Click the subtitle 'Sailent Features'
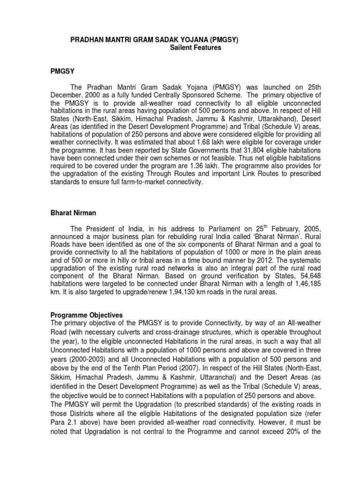click(x=195, y=48)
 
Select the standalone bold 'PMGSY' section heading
click(x=63, y=71)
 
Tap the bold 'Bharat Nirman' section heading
click(x=73, y=213)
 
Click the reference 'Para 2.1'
click(x=64, y=422)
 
